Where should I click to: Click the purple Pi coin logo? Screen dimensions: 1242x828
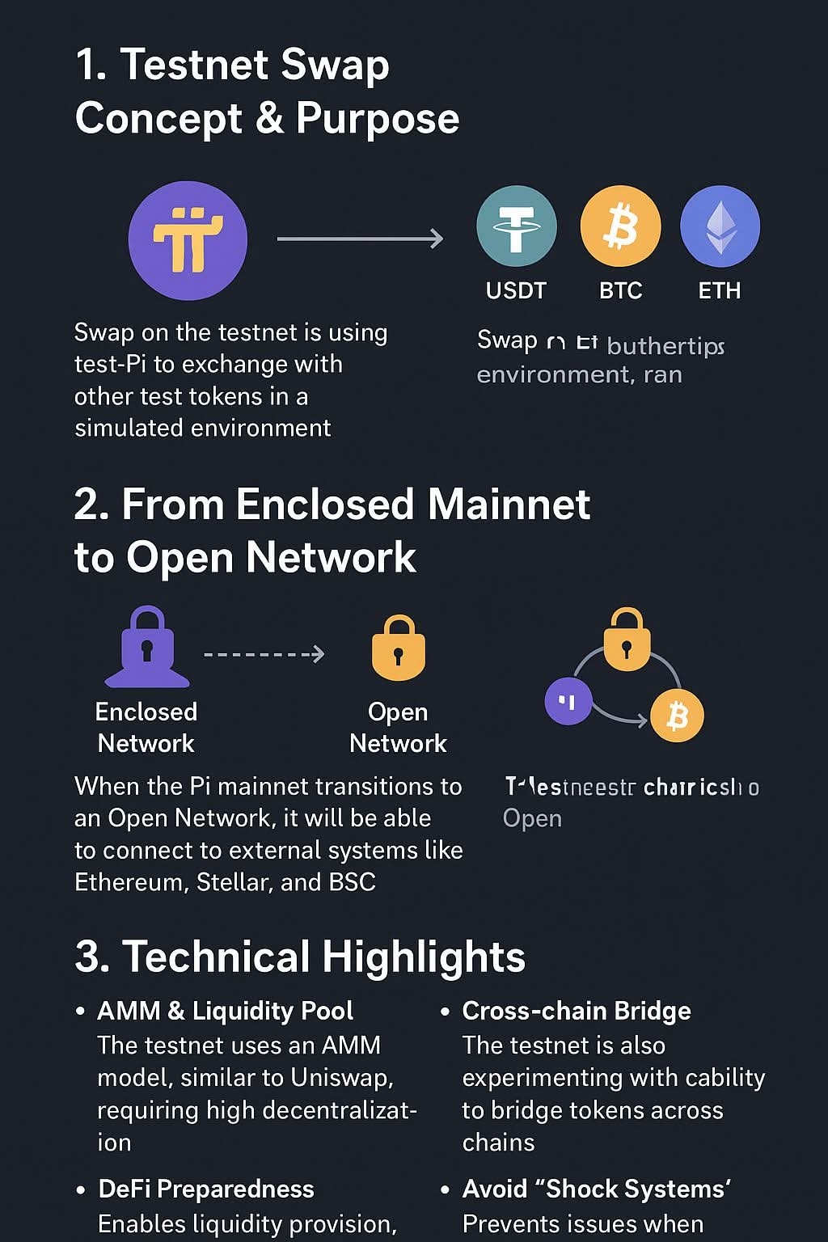click(x=188, y=240)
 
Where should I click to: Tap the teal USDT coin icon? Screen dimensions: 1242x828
click(x=517, y=226)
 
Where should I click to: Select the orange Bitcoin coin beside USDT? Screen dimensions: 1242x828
click(x=620, y=226)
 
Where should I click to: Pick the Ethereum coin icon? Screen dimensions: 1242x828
click(x=720, y=226)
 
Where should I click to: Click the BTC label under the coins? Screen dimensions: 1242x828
click(x=620, y=290)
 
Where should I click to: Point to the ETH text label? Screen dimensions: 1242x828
click(x=719, y=290)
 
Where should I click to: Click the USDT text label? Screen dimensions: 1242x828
click(x=516, y=290)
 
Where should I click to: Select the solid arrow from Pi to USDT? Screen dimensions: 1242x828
click(x=360, y=239)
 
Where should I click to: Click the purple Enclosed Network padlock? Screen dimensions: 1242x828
click(x=146, y=648)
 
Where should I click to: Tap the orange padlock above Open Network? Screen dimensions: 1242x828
click(x=398, y=648)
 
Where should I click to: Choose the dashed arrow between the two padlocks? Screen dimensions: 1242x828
click(x=264, y=653)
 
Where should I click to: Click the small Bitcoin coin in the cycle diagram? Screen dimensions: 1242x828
click(x=677, y=716)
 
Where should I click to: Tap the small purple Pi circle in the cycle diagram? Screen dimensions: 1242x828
click(x=568, y=701)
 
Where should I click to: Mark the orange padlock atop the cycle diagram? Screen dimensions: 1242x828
click(x=627, y=640)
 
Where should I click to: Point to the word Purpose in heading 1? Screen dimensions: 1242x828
click(x=378, y=119)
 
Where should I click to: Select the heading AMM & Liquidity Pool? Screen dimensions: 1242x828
click(x=226, y=1011)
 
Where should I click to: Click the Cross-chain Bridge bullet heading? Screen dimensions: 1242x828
click(x=577, y=1011)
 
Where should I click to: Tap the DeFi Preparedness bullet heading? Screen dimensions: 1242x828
click(x=206, y=1189)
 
